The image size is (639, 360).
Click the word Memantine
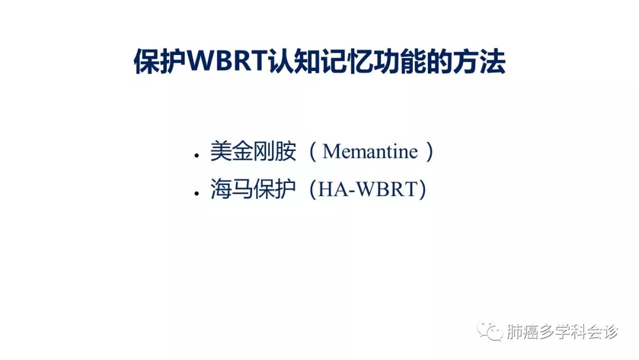(370, 152)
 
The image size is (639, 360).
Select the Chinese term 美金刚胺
(253, 152)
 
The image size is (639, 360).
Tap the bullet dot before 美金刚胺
(196, 156)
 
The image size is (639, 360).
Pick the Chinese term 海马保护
(253, 191)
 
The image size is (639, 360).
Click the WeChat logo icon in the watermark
(490, 331)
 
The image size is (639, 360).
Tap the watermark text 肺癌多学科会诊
(563, 332)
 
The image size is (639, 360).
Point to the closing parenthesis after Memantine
(430, 152)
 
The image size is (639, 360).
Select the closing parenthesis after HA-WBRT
(422, 191)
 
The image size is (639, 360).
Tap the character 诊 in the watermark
(611, 332)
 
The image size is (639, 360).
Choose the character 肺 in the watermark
(515, 332)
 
